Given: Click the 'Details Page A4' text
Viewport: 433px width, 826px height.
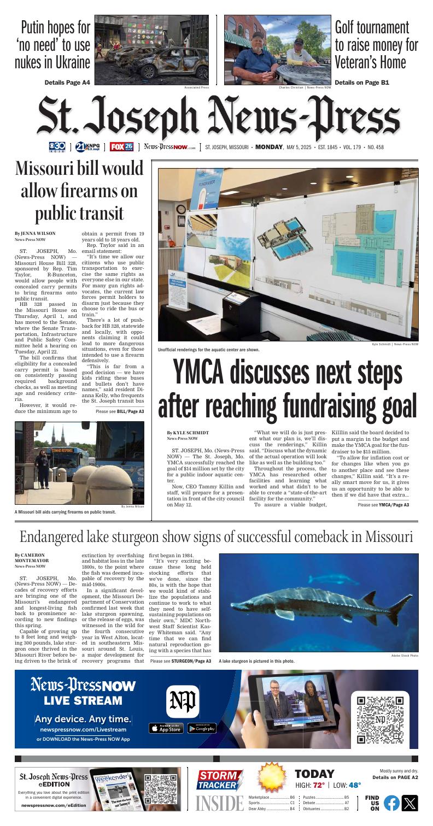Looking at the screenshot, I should pyautogui.click(x=67, y=82).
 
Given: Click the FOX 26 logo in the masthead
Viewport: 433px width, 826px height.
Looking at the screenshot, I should pyautogui.click(x=121, y=146).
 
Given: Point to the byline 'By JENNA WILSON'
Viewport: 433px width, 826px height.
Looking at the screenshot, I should pyautogui.click(x=35, y=233).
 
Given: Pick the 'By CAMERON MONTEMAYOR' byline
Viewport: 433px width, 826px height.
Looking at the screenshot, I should pyautogui.click(x=35, y=558).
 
